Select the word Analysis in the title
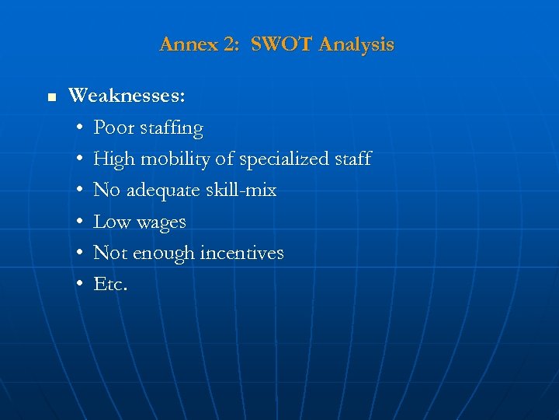pyautogui.click(x=356, y=45)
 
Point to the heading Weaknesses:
pyautogui.click(x=127, y=96)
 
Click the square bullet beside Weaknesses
pyautogui.click(x=52, y=98)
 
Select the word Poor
pyautogui.click(x=113, y=128)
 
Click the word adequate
pyautogui.click(x=163, y=191)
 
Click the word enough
pyautogui.click(x=164, y=254)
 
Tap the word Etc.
pyautogui.click(x=110, y=285)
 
